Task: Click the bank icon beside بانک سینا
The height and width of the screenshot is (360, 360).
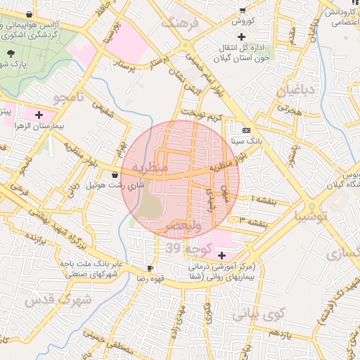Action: click(x=245, y=131)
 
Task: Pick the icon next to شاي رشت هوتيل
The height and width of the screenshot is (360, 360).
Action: click(x=115, y=174)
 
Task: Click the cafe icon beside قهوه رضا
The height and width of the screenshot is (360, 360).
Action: click(x=150, y=268)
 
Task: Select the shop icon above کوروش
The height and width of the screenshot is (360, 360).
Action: click(x=243, y=10)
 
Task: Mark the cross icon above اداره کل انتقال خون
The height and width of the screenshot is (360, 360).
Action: click(x=243, y=37)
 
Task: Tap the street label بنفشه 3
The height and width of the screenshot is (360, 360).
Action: click(x=252, y=222)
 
